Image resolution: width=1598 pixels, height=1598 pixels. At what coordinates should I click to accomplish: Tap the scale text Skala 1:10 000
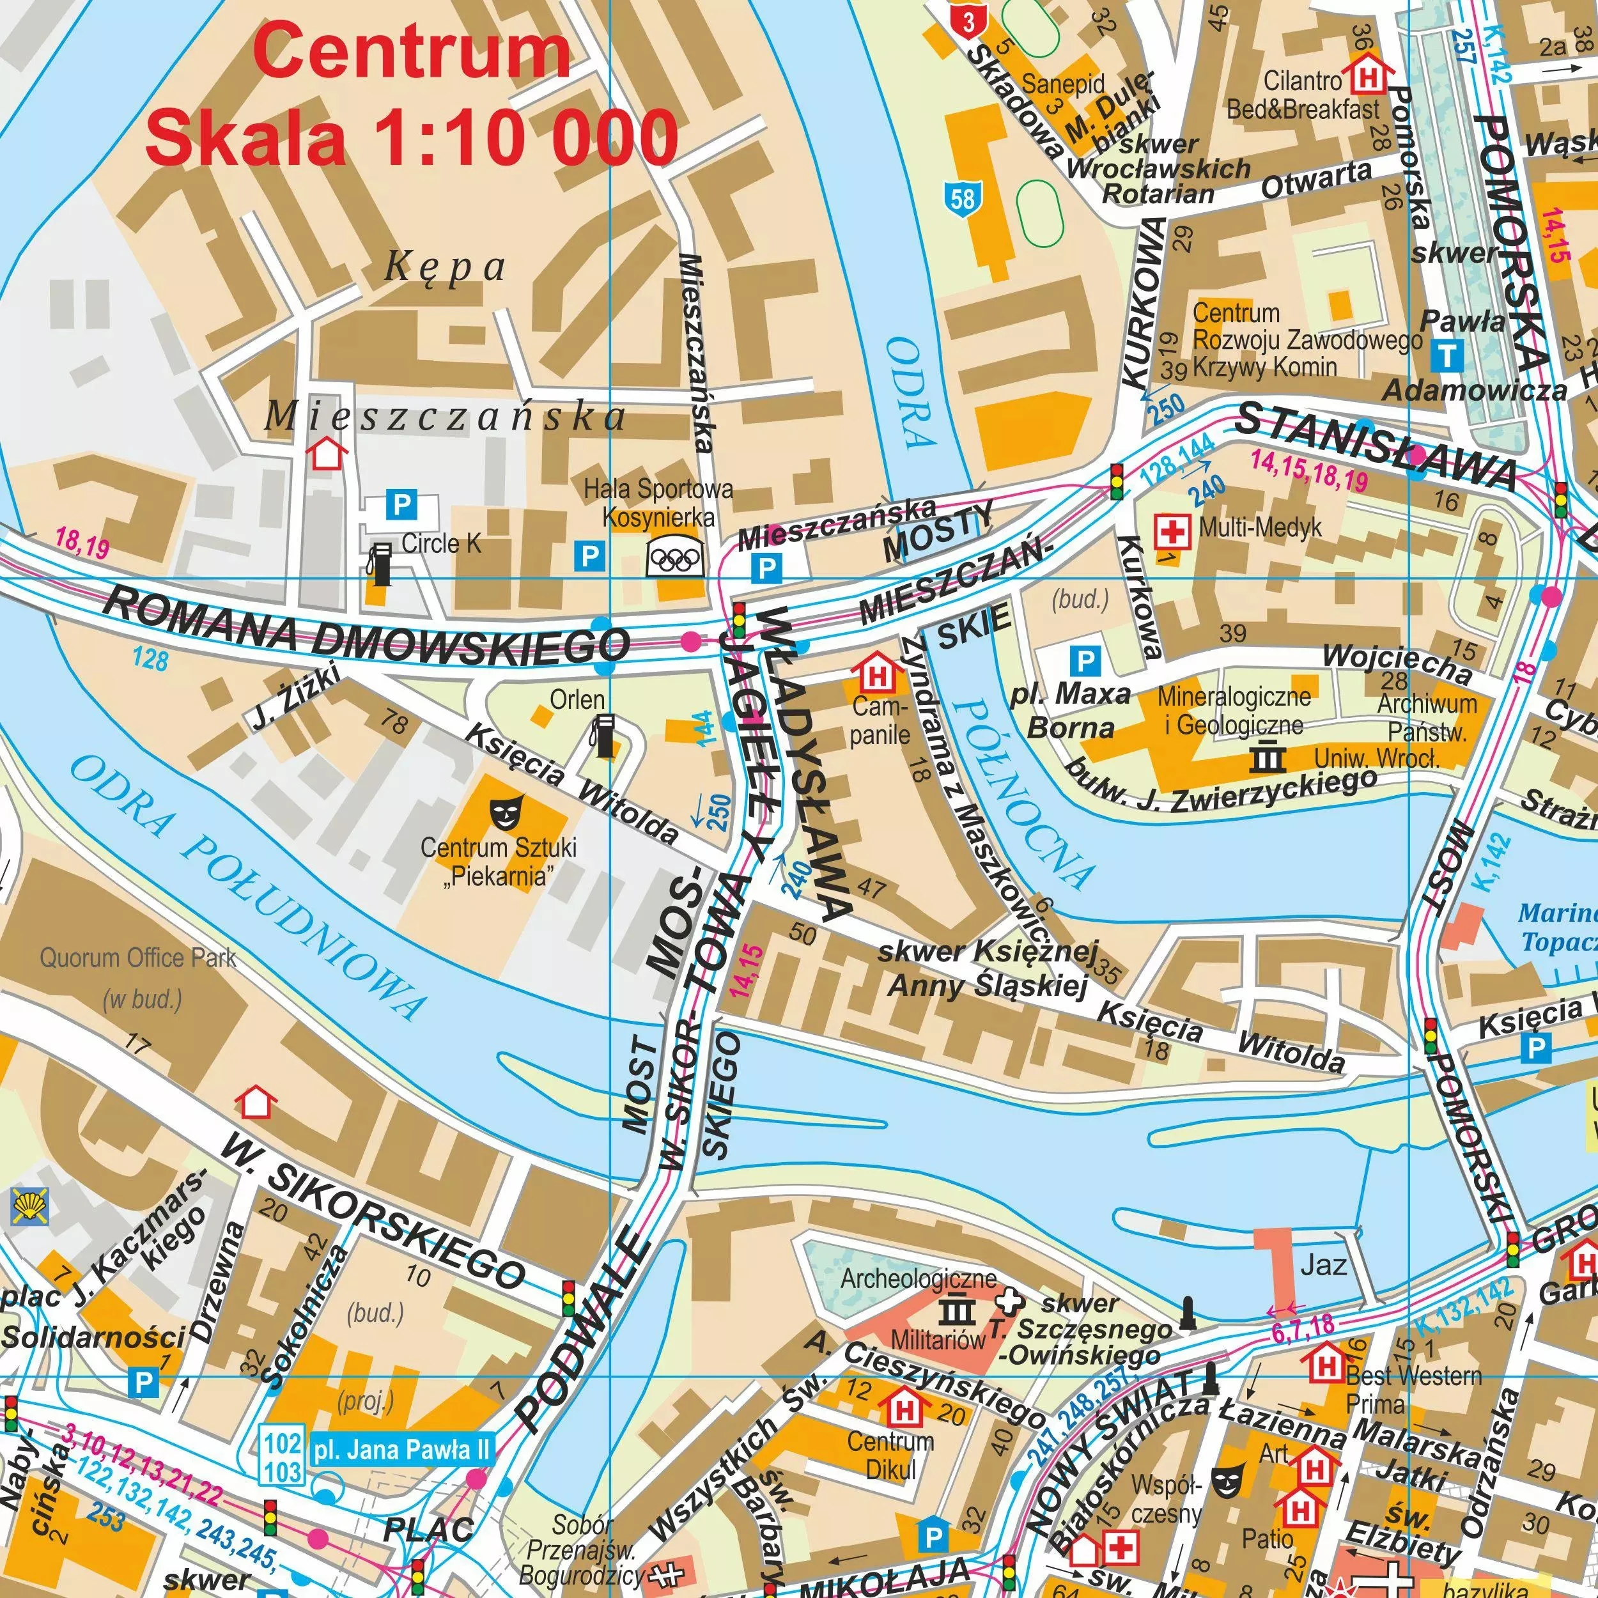(x=411, y=137)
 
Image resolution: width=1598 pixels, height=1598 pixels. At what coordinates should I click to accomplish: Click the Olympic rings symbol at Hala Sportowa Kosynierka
(x=676, y=557)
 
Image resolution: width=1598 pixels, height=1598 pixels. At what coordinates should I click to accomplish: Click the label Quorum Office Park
(x=137, y=959)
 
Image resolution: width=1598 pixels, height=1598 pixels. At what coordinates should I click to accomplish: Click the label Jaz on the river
(x=1323, y=1265)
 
